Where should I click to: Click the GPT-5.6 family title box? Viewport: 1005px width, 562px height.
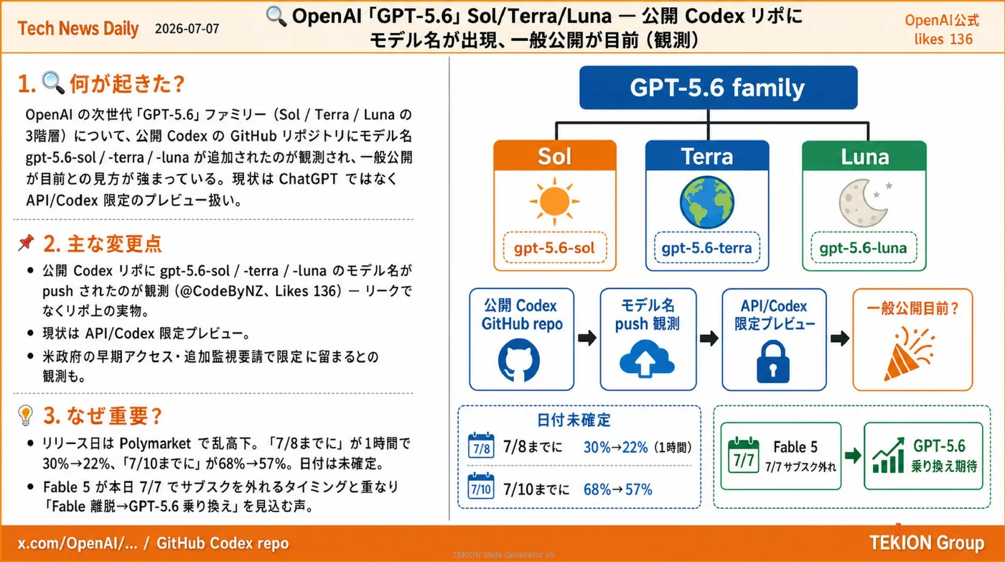click(x=719, y=88)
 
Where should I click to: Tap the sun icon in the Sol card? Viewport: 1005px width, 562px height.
click(x=554, y=201)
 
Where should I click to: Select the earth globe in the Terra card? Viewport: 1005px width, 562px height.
click(x=706, y=202)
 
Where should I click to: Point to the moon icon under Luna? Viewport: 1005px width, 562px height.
click(x=864, y=203)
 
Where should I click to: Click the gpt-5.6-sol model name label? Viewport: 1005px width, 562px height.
click(x=554, y=247)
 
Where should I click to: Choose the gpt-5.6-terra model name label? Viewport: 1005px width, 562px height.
click(x=706, y=247)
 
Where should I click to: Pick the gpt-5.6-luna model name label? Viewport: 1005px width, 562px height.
click(x=864, y=247)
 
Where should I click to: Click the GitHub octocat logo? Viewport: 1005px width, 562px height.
click(x=518, y=360)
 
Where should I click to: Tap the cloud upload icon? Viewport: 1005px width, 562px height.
click(x=647, y=359)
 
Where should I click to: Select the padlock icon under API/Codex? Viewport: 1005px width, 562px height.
click(x=773, y=361)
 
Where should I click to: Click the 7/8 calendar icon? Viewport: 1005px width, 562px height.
click(x=481, y=446)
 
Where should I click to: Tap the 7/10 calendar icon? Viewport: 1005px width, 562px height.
click(x=481, y=486)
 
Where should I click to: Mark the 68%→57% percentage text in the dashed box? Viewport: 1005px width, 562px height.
click(x=617, y=489)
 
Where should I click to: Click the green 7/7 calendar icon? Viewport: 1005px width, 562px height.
click(x=744, y=455)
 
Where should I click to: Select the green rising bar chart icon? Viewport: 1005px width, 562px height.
click(x=889, y=456)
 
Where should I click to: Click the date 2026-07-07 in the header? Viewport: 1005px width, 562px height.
click(x=187, y=29)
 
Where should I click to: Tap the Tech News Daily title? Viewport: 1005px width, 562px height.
click(x=78, y=28)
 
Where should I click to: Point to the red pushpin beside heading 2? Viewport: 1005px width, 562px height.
click(x=27, y=242)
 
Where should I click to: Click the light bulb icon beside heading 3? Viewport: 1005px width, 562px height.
click(x=26, y=415)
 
